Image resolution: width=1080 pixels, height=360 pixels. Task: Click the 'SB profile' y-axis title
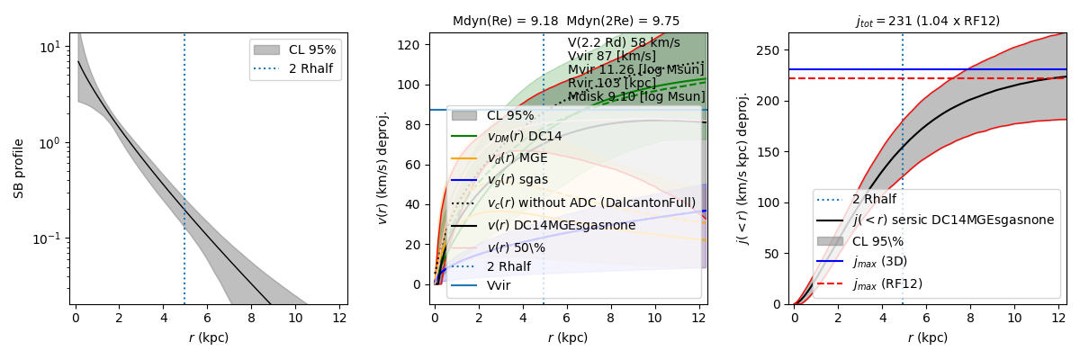[19, 168]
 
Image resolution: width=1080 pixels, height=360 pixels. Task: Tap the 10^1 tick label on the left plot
[52, 46]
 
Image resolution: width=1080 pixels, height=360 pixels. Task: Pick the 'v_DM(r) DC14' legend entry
[523, 136]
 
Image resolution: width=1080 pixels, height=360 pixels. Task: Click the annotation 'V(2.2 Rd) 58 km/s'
[624, 42]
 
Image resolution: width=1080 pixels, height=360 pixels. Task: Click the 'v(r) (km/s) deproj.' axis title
[382, 168]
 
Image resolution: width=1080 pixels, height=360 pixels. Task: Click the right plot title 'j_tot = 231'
[927, 21]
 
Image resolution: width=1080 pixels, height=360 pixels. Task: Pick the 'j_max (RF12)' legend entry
[895, 283]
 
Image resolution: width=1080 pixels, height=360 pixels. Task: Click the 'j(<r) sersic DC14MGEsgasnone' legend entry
[953, 220]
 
